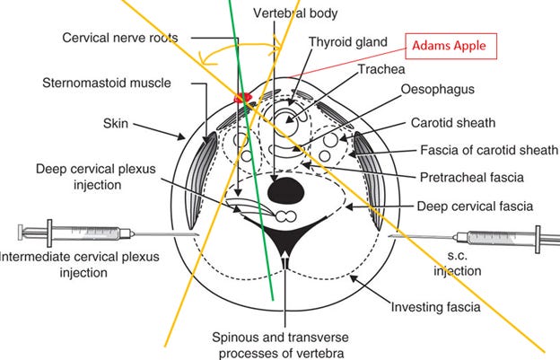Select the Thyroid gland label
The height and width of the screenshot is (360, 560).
pos(347,41)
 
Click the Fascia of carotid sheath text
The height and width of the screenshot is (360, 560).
pos(488,149)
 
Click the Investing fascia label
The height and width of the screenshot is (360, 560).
pos(435,308)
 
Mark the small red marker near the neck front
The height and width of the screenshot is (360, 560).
pos(241,97)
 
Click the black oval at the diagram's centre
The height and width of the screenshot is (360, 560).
pos(284,190)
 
